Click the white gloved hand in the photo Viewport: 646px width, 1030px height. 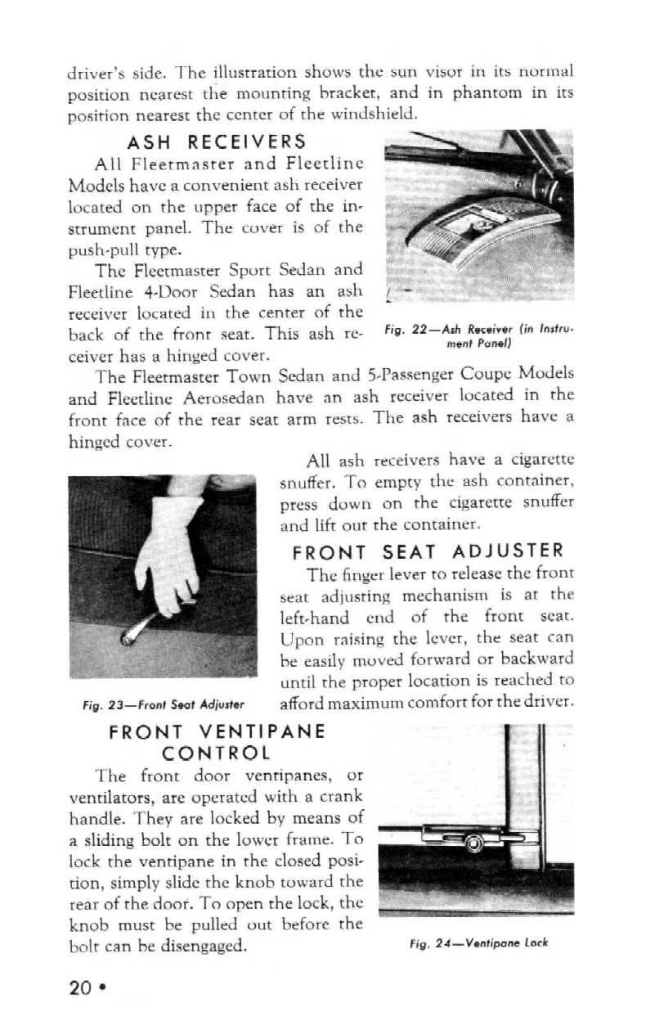pos(167,548)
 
